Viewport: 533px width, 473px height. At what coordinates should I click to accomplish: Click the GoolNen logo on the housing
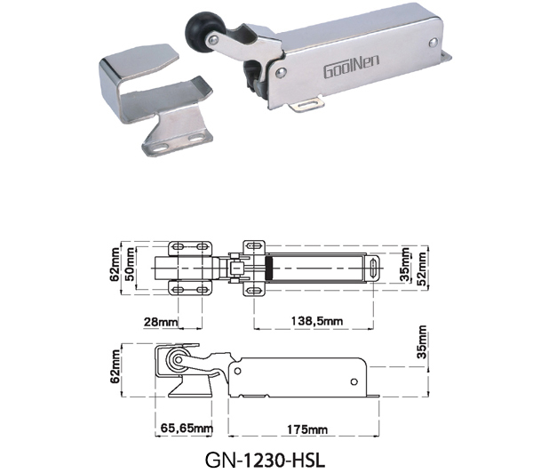click(x=351, y=66)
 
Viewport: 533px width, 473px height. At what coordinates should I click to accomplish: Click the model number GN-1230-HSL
click(x=265, y=460)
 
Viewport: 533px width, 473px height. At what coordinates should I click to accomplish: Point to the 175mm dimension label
click(x=307, y=429)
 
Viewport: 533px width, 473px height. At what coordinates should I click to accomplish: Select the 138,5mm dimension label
click(x=317, y=321)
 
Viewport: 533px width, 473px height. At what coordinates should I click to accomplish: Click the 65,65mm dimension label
click(x=187, y=428)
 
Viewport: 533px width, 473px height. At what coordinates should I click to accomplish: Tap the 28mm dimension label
click(x=161, y=322)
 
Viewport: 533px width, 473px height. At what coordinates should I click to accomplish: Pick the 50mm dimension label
click(x=130, y=264)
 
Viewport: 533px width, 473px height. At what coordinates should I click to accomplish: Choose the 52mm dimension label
click(x=421, y=269)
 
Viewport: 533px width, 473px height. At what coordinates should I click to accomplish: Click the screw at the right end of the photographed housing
click(x=434, y=42)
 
